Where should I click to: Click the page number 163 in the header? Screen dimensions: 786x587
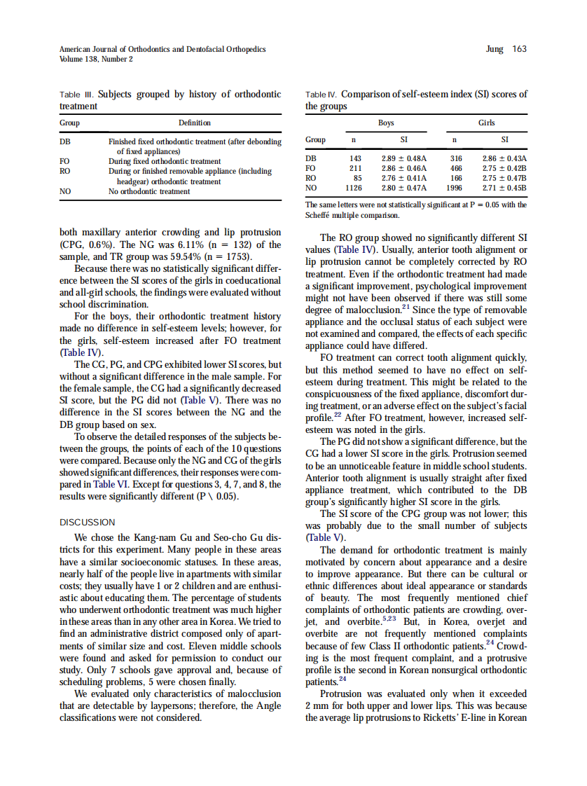(x=519, y=49)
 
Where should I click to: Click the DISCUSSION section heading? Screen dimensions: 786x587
(x=87, y=522)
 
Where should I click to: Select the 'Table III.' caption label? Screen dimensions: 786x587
(x=77, y=94)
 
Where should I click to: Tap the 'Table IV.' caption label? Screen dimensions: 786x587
(x=322, y=94)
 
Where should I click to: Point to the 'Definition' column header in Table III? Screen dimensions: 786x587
(x=194, y=123)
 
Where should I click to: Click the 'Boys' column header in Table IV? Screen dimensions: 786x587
(x=386, y=123)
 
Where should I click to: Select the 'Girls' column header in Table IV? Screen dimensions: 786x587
(x=486, y=123)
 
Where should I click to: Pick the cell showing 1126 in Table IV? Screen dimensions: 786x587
(x=354, y=188)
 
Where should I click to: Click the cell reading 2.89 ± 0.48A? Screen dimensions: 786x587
(x=403, y=159)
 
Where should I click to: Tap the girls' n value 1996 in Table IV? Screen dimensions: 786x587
(x=454, y=188)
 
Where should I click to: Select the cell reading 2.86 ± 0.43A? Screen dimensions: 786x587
(x=504, y=159)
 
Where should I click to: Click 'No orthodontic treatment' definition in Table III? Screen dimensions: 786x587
(x=149, y=191)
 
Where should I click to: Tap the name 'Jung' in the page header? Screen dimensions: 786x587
(x=495, y=49)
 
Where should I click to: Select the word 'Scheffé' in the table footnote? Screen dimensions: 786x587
(x=319, y=216)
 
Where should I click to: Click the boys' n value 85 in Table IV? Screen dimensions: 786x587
(x=357, y=178)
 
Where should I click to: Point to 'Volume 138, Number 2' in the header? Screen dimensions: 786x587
(x=96, y=59)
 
